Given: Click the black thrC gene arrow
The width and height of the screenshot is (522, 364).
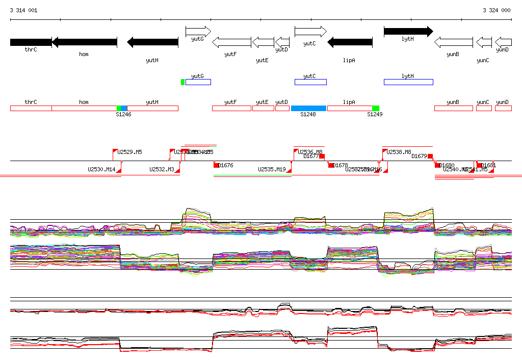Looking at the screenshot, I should [31, 42].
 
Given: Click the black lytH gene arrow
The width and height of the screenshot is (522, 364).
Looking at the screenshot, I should [408, 32].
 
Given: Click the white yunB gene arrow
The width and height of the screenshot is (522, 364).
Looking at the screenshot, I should [453, 42].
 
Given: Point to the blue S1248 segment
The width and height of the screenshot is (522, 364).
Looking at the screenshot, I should [308, 108].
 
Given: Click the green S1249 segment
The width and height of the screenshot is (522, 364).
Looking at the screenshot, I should [376, 108].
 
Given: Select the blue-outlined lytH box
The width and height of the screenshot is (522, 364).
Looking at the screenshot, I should [408, 82].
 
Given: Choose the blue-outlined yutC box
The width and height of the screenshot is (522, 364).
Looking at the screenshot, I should [310, 82].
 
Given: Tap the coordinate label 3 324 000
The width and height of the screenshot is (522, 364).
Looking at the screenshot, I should [497, 10].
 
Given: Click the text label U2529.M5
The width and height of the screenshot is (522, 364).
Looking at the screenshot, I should [129, 152].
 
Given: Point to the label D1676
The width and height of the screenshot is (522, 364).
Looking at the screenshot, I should [225, 165].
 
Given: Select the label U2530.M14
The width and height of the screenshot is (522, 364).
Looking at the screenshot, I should [101, 169].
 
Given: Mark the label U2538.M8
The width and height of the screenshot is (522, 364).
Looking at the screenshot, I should [399, 152].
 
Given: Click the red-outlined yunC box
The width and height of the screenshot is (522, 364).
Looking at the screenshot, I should [484, 108].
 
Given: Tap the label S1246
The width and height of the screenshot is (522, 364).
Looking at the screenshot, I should [123, 115].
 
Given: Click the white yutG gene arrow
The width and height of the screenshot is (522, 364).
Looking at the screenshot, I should [198, 32].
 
